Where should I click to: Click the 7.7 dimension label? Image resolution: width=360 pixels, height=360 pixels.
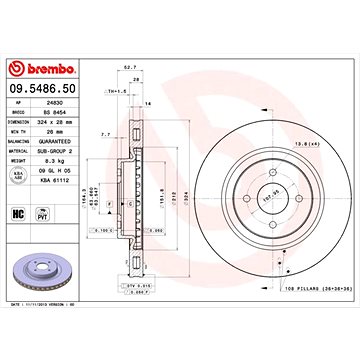(x=106, y=132)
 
